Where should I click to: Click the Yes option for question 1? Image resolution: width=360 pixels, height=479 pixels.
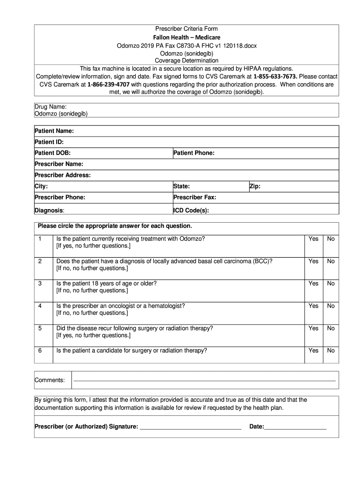click(313, 239)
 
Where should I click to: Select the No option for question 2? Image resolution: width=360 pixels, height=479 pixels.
click(331, 261)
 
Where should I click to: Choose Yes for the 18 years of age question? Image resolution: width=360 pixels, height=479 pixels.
click(313, 283)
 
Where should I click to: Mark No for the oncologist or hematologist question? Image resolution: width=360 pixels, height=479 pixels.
click(331, 306)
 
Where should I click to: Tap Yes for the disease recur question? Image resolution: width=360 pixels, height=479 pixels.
click(313, 328)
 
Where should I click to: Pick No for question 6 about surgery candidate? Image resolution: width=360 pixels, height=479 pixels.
click(331, 350)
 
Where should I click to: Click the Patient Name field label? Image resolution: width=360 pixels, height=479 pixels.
click(55, 131)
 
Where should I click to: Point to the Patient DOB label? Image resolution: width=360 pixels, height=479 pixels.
click(53, 153)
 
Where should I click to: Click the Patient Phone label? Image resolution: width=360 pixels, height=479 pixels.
click(194, 153)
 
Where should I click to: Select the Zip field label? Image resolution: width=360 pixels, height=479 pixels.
click(255, 187)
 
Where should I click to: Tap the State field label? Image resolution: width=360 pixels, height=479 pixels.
click(181, 187)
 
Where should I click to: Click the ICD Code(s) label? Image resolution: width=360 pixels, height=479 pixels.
click(191, 210)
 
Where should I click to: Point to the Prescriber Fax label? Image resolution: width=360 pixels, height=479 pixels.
click(194, 197)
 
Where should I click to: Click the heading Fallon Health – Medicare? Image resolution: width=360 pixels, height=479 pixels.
click(187, 37)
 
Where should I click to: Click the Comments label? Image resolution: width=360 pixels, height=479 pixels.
click(50, 380)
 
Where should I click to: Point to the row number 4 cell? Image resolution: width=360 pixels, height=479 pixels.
click(40, 306)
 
